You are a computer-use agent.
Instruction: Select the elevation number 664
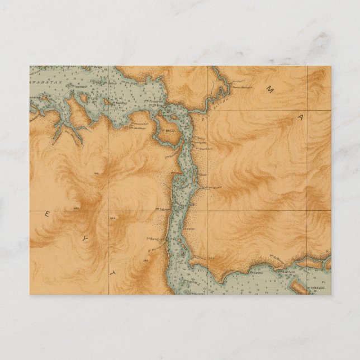(x=114, y=219)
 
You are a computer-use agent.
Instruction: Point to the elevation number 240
(x=145, y=260)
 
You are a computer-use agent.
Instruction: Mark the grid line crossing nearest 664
(x=109, y=211)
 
